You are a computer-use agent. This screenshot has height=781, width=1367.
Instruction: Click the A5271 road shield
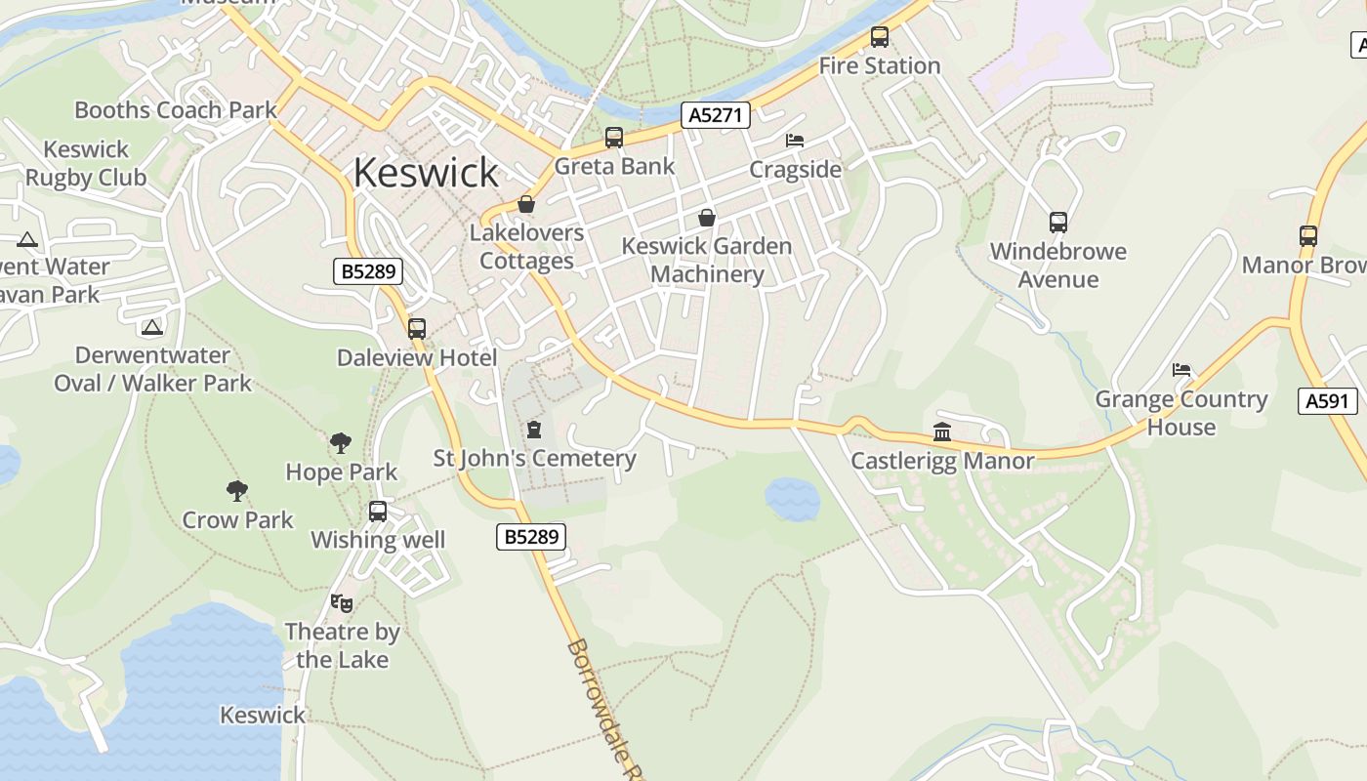coord(716,115)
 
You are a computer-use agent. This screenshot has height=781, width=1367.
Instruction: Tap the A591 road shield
coord(1328,400)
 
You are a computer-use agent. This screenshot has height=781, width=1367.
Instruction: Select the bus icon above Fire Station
coord(880,38)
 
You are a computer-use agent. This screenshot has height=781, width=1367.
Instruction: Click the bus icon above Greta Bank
coord(613,138)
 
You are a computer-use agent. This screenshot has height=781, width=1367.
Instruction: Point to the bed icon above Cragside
coord(795,141)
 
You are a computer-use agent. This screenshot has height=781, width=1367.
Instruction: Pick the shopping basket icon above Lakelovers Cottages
coord(526,204)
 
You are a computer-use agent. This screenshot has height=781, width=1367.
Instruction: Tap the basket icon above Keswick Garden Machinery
coord(706,217)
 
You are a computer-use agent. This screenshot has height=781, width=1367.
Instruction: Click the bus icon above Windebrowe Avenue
coord(1058,223)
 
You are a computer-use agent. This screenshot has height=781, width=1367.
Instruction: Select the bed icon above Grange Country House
coord(1181,370)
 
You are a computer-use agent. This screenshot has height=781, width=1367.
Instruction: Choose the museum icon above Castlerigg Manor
coord(942,432)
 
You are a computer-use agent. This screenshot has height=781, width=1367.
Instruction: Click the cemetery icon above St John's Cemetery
coord(534,430)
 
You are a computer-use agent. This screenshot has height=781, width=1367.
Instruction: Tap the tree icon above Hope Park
coord(341,443)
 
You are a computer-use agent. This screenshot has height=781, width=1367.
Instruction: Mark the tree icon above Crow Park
coord(237,491)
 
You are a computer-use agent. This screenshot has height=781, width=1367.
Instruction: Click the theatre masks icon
coord(341,603)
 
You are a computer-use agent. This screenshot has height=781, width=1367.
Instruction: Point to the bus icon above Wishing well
coord(378,511)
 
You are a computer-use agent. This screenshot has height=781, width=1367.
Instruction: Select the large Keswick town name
coord(426,173)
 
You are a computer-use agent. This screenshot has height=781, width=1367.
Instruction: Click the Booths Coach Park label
coord(176,110)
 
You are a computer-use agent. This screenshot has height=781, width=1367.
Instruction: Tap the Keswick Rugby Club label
coord(86,164)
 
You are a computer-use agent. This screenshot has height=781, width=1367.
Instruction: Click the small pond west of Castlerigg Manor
coord(792,499)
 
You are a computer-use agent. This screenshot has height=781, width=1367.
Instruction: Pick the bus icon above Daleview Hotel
coord(417,329)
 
